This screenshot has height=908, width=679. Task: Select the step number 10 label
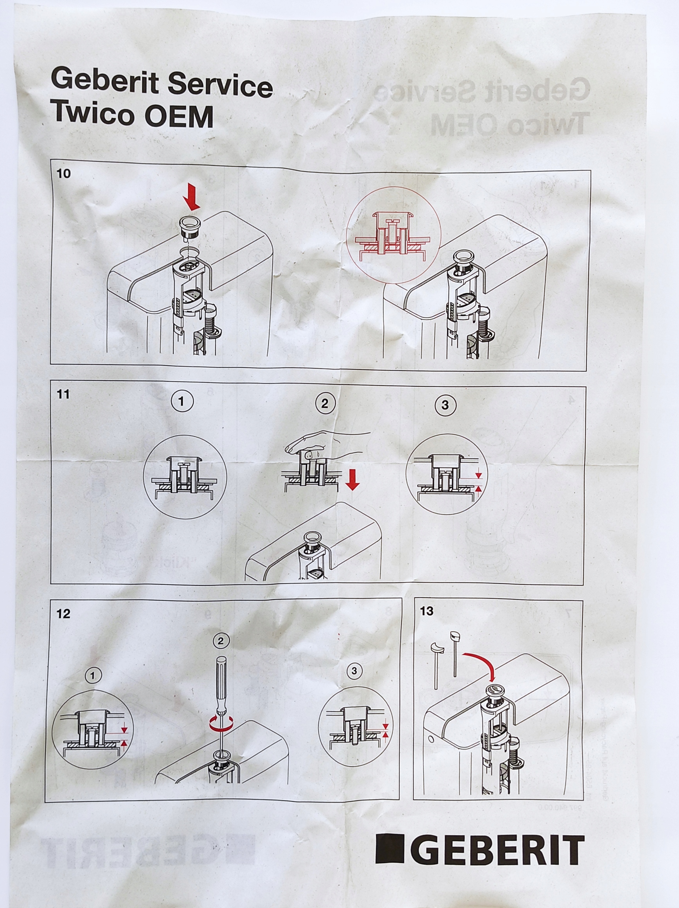pyautogui.click(x=63, y=174)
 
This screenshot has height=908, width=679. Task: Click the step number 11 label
pyautogui.click(x=63, y=394)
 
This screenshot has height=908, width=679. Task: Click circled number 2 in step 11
pyautogui.click(x=325, y=404)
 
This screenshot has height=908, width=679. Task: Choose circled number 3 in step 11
pyautogui.click(x=445, y=405)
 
